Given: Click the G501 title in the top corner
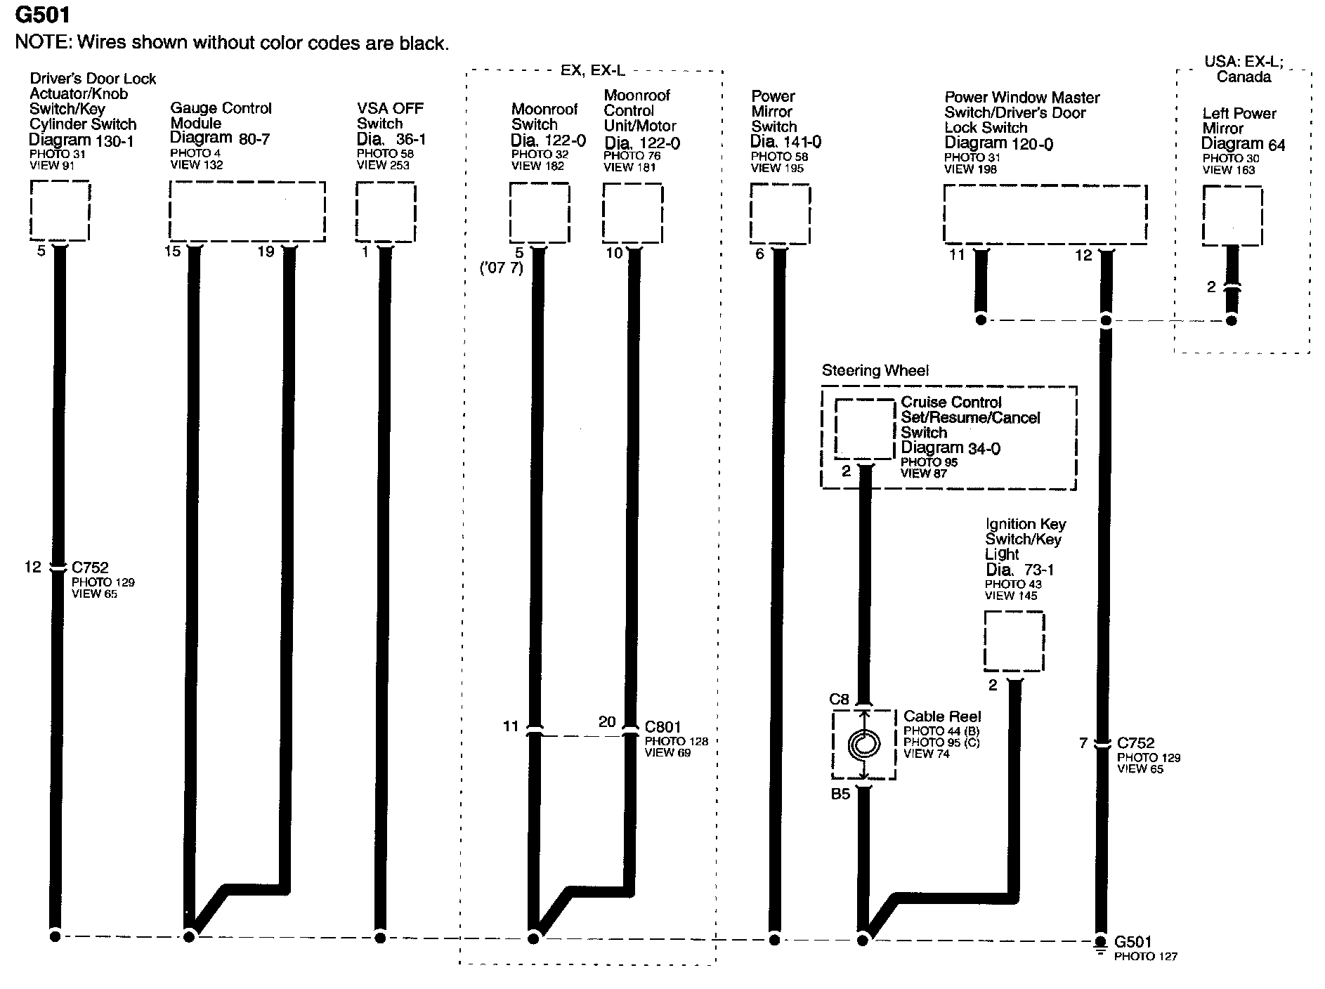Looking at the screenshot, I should tap(43, 13).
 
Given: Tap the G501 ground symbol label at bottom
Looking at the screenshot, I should tap(1133, 941).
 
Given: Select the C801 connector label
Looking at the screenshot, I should tap(662, 727).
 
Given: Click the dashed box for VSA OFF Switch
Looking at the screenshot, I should tap(385, 211).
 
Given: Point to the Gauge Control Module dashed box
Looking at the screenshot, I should tap(247, 211).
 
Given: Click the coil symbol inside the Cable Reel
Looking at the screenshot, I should tap(863, 745).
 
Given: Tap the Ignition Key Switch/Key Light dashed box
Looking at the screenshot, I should tap(1014, 641).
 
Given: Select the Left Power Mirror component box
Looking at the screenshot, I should tap(1232, 215).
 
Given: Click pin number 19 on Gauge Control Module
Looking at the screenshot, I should tap(266, 251).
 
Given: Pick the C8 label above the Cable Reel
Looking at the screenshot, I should tap(839, 699).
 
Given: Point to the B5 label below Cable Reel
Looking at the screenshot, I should tap(840, 794).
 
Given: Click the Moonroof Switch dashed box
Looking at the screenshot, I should tap(539, 213).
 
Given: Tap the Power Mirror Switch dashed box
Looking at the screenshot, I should tap(780, 214).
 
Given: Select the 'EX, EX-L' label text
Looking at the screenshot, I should tap(592, 70).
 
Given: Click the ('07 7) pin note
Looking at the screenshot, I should tap(502, 268).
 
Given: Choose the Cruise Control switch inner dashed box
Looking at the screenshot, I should tap(864, 428).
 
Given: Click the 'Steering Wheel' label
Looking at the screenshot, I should tap(875, 370).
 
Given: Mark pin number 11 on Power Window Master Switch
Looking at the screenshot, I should tap(957, 254).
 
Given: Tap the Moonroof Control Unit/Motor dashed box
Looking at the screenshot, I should tap(632, 213).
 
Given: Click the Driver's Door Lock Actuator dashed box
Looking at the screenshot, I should tap(60, 210).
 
